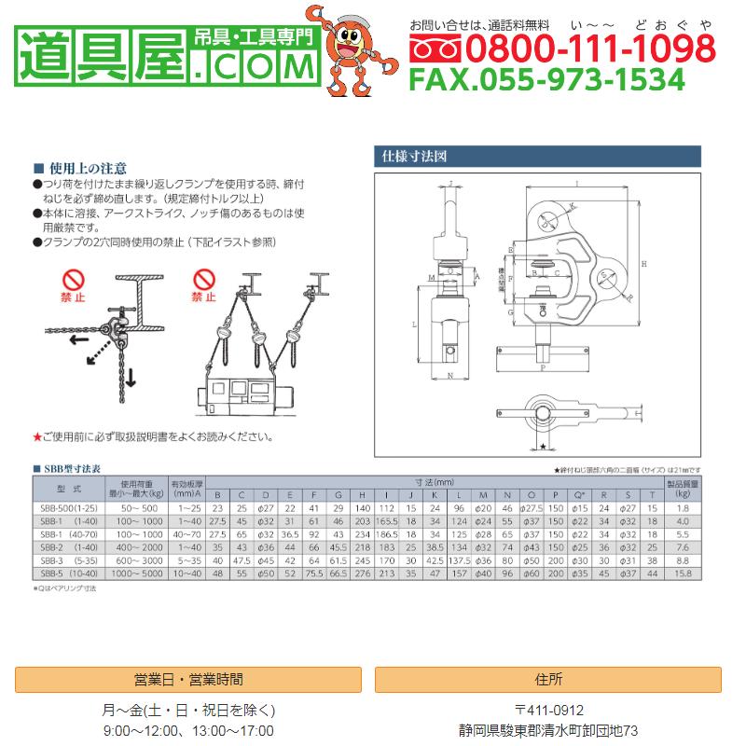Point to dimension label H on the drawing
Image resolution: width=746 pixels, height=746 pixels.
click(x=645, y=265)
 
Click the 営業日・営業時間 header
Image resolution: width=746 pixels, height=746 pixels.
click(x=189, y=680)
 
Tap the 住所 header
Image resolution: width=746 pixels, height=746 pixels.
click(x=549, y=680)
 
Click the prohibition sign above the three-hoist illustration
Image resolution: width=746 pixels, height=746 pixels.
click(x=204, y=281)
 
